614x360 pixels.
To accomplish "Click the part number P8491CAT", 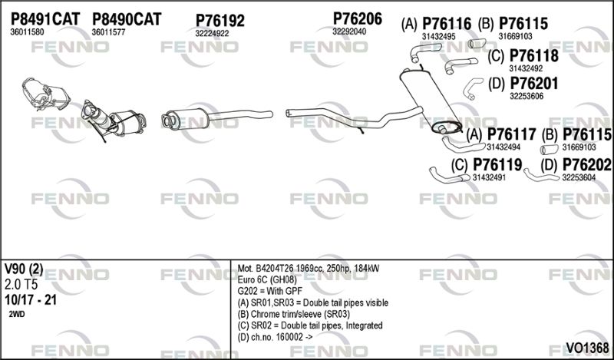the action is pyautogui.click(x=45, y=18).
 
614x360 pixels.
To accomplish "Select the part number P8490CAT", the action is pyautogui.click(x=127, y=18).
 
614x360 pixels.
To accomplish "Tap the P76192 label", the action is pyautogui.click(x=220, y=21).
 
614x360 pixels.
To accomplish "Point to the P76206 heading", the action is pyautogui.click(x=357, y=18).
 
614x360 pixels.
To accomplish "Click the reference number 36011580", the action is pyautogui.click(x=27, y=32).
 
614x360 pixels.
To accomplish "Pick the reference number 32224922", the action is pyautogui.click(x=212, y=34).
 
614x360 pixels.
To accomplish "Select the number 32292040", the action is pyautogui.click(x=349, y=31).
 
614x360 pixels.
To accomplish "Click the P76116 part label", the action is pyautogui.click(x=447, y=25).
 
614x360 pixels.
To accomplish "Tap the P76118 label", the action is pyautogui.click(x=533, y=56).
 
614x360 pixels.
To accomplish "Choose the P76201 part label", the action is pyautogui.click(x=533, y=84).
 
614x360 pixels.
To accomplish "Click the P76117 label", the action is pyautogui.click(x=511, y=135).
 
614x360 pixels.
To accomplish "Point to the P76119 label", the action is pyautogui.click(x=497, y=165).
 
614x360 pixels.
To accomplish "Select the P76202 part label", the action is pyautogui.click(x=586, y=165).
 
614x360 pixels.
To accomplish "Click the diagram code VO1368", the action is pyautogui.click(x=587, y=348).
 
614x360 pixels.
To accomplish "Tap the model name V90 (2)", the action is pyautogui.click(x=24, y=269).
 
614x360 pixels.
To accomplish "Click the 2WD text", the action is pyautogui.click(x=16, y=315).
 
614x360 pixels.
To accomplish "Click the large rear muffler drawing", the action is pyautogui.click(x=430, y=101).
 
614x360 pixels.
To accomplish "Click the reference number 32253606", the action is pyautogui.click(x=527, y=97).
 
